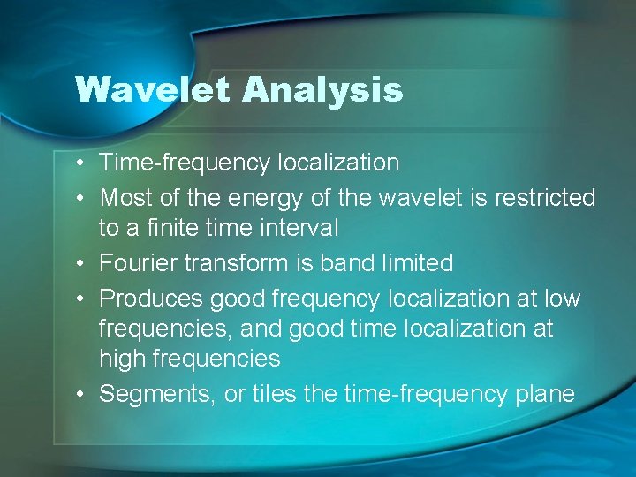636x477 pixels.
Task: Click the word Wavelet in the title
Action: coord(153,89)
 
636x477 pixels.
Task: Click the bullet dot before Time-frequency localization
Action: coord(80,163)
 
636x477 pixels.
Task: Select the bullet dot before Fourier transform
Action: coord(80,264)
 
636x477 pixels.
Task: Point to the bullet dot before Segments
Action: coord(80,395)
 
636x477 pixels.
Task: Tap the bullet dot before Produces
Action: coord(80,299)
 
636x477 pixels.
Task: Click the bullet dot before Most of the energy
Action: coord(80,199)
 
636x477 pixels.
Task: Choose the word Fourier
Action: coord(135,263)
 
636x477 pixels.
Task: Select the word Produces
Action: coord(148,299)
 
